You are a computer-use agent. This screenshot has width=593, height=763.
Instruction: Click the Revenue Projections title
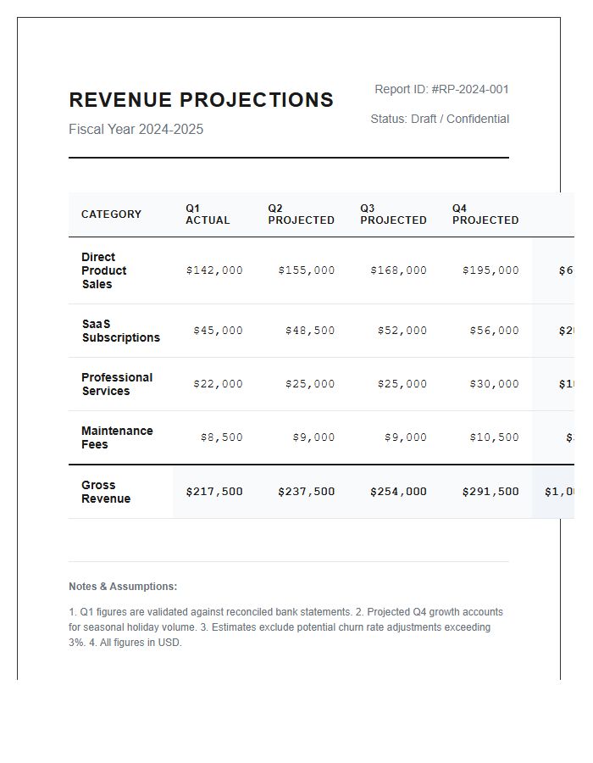[x=201, y=100]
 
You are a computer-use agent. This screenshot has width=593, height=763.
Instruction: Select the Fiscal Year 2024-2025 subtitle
[x=136, y=130]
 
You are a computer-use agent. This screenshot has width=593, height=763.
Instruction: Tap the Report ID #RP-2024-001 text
[x=441, y=89]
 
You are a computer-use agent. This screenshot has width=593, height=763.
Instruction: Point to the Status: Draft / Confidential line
[x=440, y=119]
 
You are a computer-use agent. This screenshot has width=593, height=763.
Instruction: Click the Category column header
[x=111, y=214]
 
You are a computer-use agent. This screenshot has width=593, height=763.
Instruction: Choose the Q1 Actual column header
[x=208, y=214]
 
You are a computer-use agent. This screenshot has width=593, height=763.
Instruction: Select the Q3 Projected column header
[x=393, y=214]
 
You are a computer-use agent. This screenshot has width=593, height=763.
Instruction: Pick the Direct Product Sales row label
[x=103, y=270]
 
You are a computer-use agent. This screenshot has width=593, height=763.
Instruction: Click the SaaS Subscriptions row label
[x=120, y=331]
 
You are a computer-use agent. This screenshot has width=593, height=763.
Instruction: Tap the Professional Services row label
[x=117, y=384]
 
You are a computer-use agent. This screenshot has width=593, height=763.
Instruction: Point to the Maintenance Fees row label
[x=117, y=437]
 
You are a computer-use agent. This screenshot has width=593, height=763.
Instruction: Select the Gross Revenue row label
[x=106, y=492]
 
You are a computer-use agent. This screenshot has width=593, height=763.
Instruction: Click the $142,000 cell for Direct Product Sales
[x=214, y=270]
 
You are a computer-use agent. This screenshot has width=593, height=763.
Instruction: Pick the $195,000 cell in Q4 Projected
[x=490, y=270]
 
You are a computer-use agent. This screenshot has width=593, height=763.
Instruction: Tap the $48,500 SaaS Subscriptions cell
[x=310, y=331]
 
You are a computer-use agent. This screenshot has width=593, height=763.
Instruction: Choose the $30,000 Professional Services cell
[x=494, y=384]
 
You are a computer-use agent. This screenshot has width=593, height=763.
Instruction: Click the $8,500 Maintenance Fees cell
[x=221, y=437]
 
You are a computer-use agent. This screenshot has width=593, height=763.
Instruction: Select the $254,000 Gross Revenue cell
[x=398, y=492]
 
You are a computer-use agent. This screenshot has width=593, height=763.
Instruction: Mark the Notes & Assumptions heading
[x=123, y=587]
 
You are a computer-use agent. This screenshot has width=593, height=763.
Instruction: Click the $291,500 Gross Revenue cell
[x=490, y=492]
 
